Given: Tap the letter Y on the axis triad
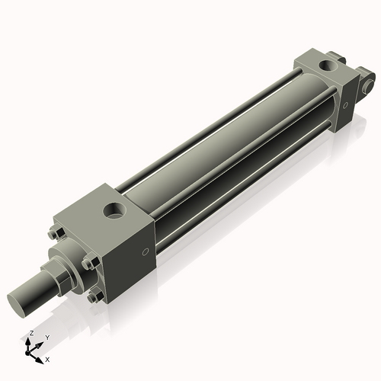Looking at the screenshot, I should point(46,337).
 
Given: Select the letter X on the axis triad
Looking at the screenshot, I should point(48,358).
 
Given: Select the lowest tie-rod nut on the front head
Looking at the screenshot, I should point(93,296).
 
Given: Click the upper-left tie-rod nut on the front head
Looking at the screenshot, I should point(55,233).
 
